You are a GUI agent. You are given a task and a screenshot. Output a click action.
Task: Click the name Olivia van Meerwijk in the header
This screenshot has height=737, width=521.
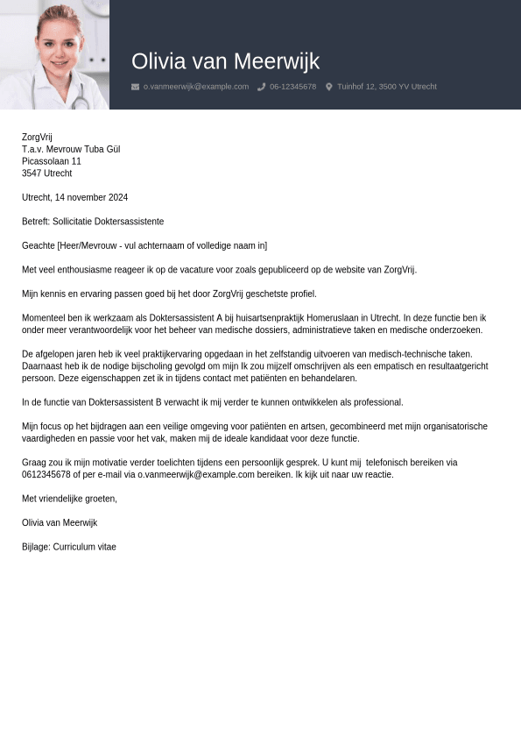pyautogui.click(x=225, y=61)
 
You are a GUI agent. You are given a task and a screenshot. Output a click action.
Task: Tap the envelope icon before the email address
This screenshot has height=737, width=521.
pyautogui.click(x=135, y=87)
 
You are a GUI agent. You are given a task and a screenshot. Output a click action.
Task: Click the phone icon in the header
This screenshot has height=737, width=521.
pyautogui.click(x=262, y=87)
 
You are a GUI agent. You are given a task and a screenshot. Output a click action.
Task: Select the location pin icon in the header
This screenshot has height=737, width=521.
pyautogui.click(x=329, y=87)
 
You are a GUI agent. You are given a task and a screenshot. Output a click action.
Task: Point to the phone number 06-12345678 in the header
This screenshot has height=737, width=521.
pyautogui.click(x=292, y=87)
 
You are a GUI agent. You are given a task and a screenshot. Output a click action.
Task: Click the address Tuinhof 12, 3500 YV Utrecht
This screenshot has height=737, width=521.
pyautogui.click(x=386, y=87)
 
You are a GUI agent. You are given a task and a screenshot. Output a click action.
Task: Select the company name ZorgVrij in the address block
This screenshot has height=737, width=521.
pyautogui.click(x=37, y=138)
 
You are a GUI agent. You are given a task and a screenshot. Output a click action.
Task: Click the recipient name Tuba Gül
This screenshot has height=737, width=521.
pyautogui.click(x=102, y=150)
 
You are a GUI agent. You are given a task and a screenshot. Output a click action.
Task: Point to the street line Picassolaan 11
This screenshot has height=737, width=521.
pyautogui.click(x=52, y=161)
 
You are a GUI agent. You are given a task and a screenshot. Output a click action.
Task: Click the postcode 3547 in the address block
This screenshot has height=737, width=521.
pyautogui.click(x=32, y=174)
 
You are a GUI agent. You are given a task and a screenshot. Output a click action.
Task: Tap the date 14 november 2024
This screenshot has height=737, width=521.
pyautogui.click(x=90, y=198)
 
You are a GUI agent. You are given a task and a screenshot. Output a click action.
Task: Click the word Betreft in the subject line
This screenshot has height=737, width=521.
pyautogui.click(x=35, y=222)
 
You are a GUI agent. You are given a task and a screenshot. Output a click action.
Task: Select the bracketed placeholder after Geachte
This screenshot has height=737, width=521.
pyautogui.click(x=162, y=246)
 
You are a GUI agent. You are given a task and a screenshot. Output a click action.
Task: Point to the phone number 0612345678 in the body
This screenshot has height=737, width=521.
pyautogui.click(x=46, y=475)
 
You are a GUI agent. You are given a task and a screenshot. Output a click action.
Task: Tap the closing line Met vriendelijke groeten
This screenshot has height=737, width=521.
pyautogui.click(x=69, y=499)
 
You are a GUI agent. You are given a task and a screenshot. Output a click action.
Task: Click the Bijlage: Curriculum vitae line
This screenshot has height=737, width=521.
pyautogui.click(x=69, y=547)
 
